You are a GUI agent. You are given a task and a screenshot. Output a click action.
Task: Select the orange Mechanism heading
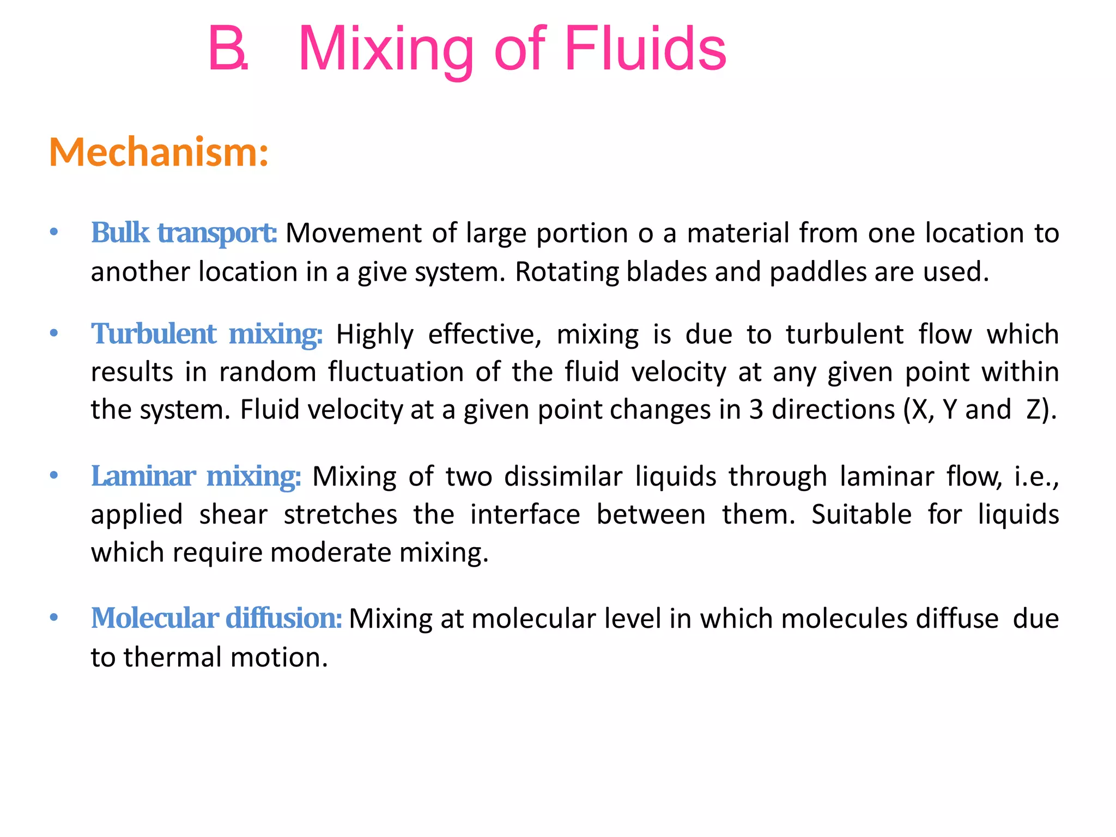(x=159, y=152)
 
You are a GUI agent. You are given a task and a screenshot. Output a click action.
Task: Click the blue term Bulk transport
(x=184, y=233)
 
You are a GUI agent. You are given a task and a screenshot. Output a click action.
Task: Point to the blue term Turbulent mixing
(x=207, y=334)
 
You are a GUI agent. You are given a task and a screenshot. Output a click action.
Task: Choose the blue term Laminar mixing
(x=196, y=476)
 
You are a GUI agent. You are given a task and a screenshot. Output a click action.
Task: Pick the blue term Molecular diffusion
(x=216, y=618)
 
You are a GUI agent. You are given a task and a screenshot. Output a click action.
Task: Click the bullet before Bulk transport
(x=53, y=233)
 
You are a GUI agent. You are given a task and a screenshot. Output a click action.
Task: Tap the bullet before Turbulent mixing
(x=53, y=333)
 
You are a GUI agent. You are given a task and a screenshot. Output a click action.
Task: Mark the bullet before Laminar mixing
(x=53, y=476)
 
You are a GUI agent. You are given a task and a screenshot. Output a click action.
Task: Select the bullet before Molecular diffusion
(x=53, y=618)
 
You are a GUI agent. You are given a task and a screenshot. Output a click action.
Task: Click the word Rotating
(x=566, y=272)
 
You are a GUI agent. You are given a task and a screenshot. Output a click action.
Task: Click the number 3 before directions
(x=756, y=409)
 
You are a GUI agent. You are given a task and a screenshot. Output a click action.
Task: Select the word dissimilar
(x=563, y=476)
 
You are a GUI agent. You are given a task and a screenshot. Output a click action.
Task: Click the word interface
(x=525, y=514)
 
